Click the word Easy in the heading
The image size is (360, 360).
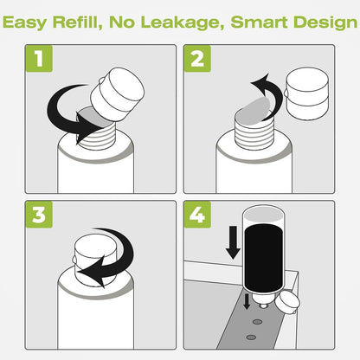(x=24, y=22)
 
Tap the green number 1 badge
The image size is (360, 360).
(x=39, y=59)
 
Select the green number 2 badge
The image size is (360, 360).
(x=197, y=59)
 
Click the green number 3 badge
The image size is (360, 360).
(x=39, y=215)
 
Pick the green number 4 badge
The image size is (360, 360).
(x=197, y=215)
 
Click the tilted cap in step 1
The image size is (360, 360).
(x=118, y=94)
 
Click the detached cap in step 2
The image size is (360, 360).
(x=307, y=93)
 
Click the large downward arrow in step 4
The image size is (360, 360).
(x=233, y=242)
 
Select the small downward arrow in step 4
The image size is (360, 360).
(x=247, y=302)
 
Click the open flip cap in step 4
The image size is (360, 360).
(x=287, y=303)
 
